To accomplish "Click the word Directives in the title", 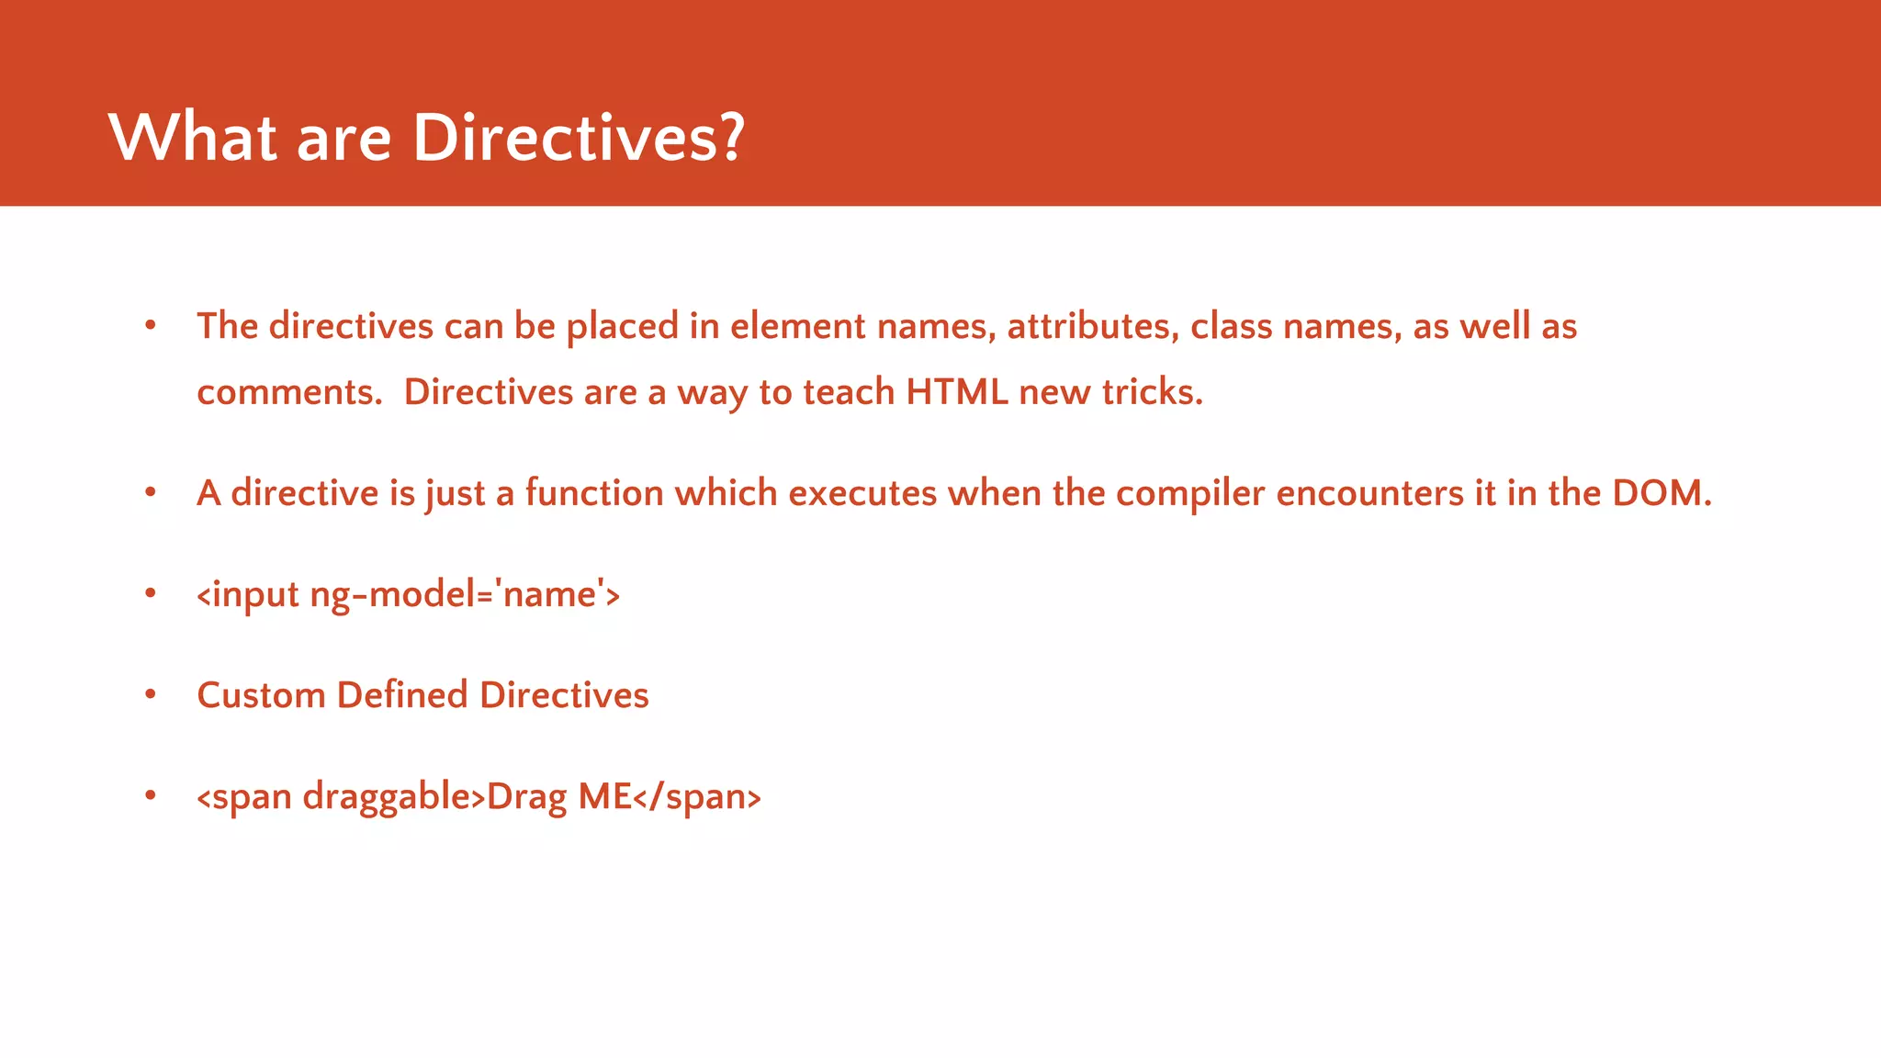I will click(x=564, y=138).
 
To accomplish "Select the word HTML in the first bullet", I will click(x=956, y=392).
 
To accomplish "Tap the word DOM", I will click(x=1661, y=493).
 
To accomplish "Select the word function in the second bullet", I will click(x=593, y=493).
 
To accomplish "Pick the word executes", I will click(x=862, y=493).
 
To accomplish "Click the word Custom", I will click(x=261, y=695).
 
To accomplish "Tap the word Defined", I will click(x=402, y=695).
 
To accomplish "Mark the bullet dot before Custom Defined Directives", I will click(x=151, y=695).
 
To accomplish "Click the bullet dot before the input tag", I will click(x=151, y=594).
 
